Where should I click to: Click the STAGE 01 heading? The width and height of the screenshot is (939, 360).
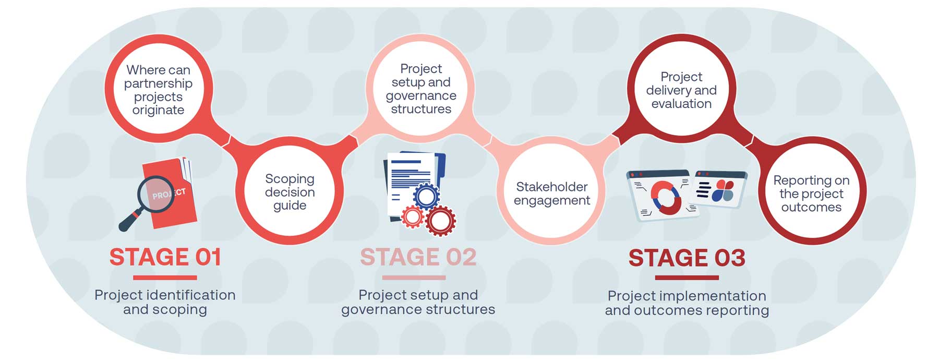coord(165,257)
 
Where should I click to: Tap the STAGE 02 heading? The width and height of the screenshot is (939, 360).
coord(418,257)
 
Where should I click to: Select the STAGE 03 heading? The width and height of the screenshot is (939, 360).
coord(687,258)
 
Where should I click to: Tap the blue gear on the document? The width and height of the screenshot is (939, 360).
coord(426,197)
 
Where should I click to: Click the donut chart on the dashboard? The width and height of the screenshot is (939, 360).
coord(665,198)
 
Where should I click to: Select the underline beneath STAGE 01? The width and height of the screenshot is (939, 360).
coord(165,278)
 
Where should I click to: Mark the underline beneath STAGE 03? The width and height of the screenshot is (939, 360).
coord(687,278)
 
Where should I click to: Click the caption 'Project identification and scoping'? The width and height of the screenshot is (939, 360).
coord(165,302)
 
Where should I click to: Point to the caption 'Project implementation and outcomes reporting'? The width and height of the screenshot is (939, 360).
coord(687,303)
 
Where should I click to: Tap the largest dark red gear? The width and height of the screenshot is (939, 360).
coord(441,221)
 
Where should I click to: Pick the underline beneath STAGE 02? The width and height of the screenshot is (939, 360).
coord(414,278)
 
